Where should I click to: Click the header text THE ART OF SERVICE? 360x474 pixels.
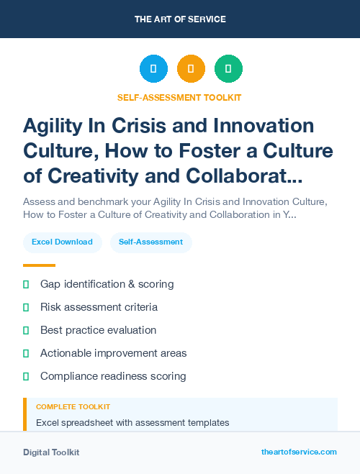click(x=180, y=19)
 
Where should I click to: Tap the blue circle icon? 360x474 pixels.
click(x=153, y=69)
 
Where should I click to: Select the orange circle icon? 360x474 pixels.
click(x=191, y=69)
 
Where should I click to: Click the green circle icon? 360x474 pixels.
click(x=228, y=69)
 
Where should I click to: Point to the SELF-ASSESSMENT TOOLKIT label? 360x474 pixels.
click(x=179, y=97)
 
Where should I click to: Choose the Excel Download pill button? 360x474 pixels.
click(x=62, y=242)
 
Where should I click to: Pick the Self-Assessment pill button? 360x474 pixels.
click(x=150, y=242)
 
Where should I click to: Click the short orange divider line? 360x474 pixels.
click(x=39, y=265)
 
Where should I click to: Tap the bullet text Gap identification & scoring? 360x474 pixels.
click(x=107, y=284)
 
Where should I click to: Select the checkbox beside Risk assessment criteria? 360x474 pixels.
click(x=26, y=307)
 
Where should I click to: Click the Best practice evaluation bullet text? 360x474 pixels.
click(x=98, y=330)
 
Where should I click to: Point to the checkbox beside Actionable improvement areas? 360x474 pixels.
click(x=26, y=353)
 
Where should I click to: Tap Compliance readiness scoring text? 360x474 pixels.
click(x=113, y=376)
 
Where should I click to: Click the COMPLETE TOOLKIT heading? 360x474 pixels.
click(x=73, y=407)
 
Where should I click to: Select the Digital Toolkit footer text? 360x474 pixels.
click(x=51, y=452)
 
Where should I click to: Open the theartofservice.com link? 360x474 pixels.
click(x=299, y=452)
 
